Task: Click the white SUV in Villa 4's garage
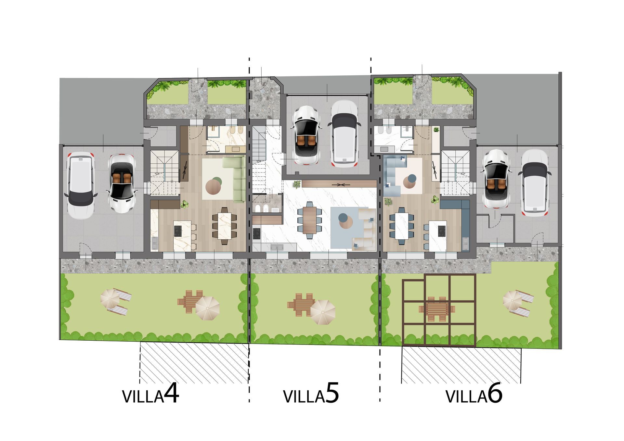click(80, 185)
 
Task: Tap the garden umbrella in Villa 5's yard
click(323, 312)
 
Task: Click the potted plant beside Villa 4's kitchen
click(185, 204)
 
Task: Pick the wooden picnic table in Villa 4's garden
click(190, 301)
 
